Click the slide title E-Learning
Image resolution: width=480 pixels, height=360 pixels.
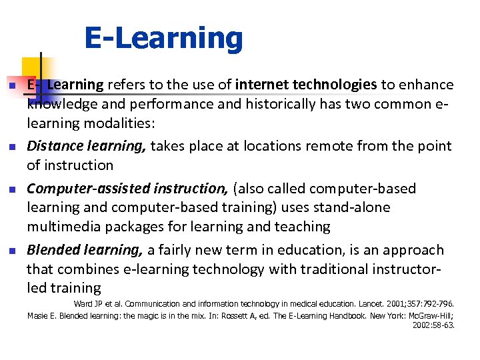163,39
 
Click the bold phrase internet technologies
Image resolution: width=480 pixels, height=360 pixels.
306,85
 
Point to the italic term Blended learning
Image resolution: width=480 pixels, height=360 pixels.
85,250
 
